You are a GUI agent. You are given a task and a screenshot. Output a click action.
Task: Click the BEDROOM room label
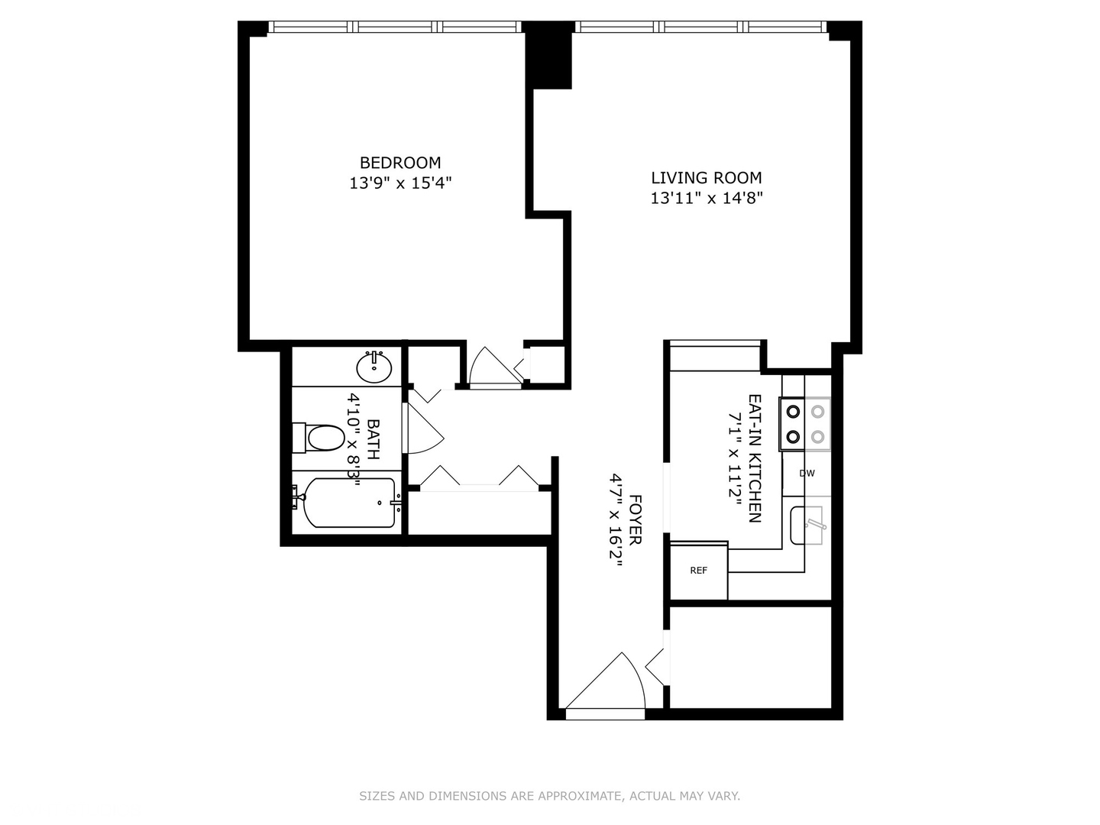400,163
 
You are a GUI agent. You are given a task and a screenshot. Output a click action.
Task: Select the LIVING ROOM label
706,178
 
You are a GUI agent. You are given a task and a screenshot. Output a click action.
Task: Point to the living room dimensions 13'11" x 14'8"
706,199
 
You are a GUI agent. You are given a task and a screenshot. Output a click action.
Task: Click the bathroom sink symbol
374,367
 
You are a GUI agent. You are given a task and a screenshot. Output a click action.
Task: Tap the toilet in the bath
320,438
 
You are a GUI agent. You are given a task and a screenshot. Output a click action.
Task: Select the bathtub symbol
348,503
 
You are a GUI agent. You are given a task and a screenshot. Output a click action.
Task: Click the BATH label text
374,439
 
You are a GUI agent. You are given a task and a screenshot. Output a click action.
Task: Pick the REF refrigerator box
698,571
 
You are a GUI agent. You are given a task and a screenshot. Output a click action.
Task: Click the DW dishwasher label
807,474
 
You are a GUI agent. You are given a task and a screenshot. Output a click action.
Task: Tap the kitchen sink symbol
807,526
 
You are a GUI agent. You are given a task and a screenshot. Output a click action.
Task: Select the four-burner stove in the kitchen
805,424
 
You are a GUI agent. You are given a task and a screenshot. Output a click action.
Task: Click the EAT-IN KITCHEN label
754,458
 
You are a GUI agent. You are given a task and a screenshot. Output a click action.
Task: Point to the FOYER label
635,519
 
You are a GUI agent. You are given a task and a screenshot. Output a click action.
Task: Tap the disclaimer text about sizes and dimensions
549,796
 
